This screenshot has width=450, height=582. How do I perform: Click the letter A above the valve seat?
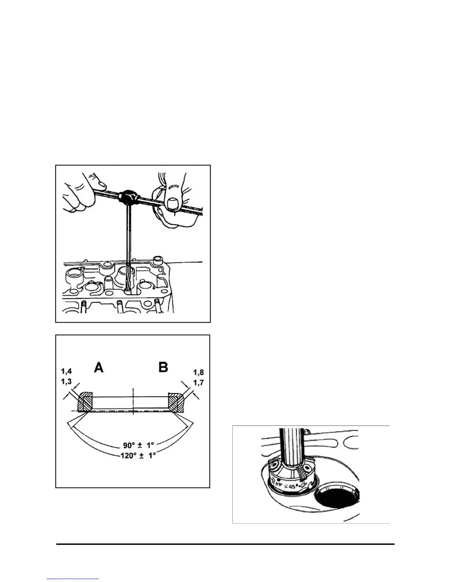point(99,367)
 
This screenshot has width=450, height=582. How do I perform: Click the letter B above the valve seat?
point(163,367)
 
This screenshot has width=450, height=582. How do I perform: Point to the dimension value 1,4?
point(67,372)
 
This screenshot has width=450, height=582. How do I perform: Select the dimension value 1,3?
point(67,382)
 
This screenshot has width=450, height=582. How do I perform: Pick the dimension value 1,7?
point(199,383)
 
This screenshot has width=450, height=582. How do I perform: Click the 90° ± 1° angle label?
point(139,445)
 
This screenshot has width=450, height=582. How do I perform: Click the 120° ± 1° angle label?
point(139,455)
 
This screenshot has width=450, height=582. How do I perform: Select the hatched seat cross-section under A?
point(84,402)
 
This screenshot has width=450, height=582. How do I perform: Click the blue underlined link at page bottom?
point(73,579)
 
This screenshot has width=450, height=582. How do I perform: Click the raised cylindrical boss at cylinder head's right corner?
point(158,260)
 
